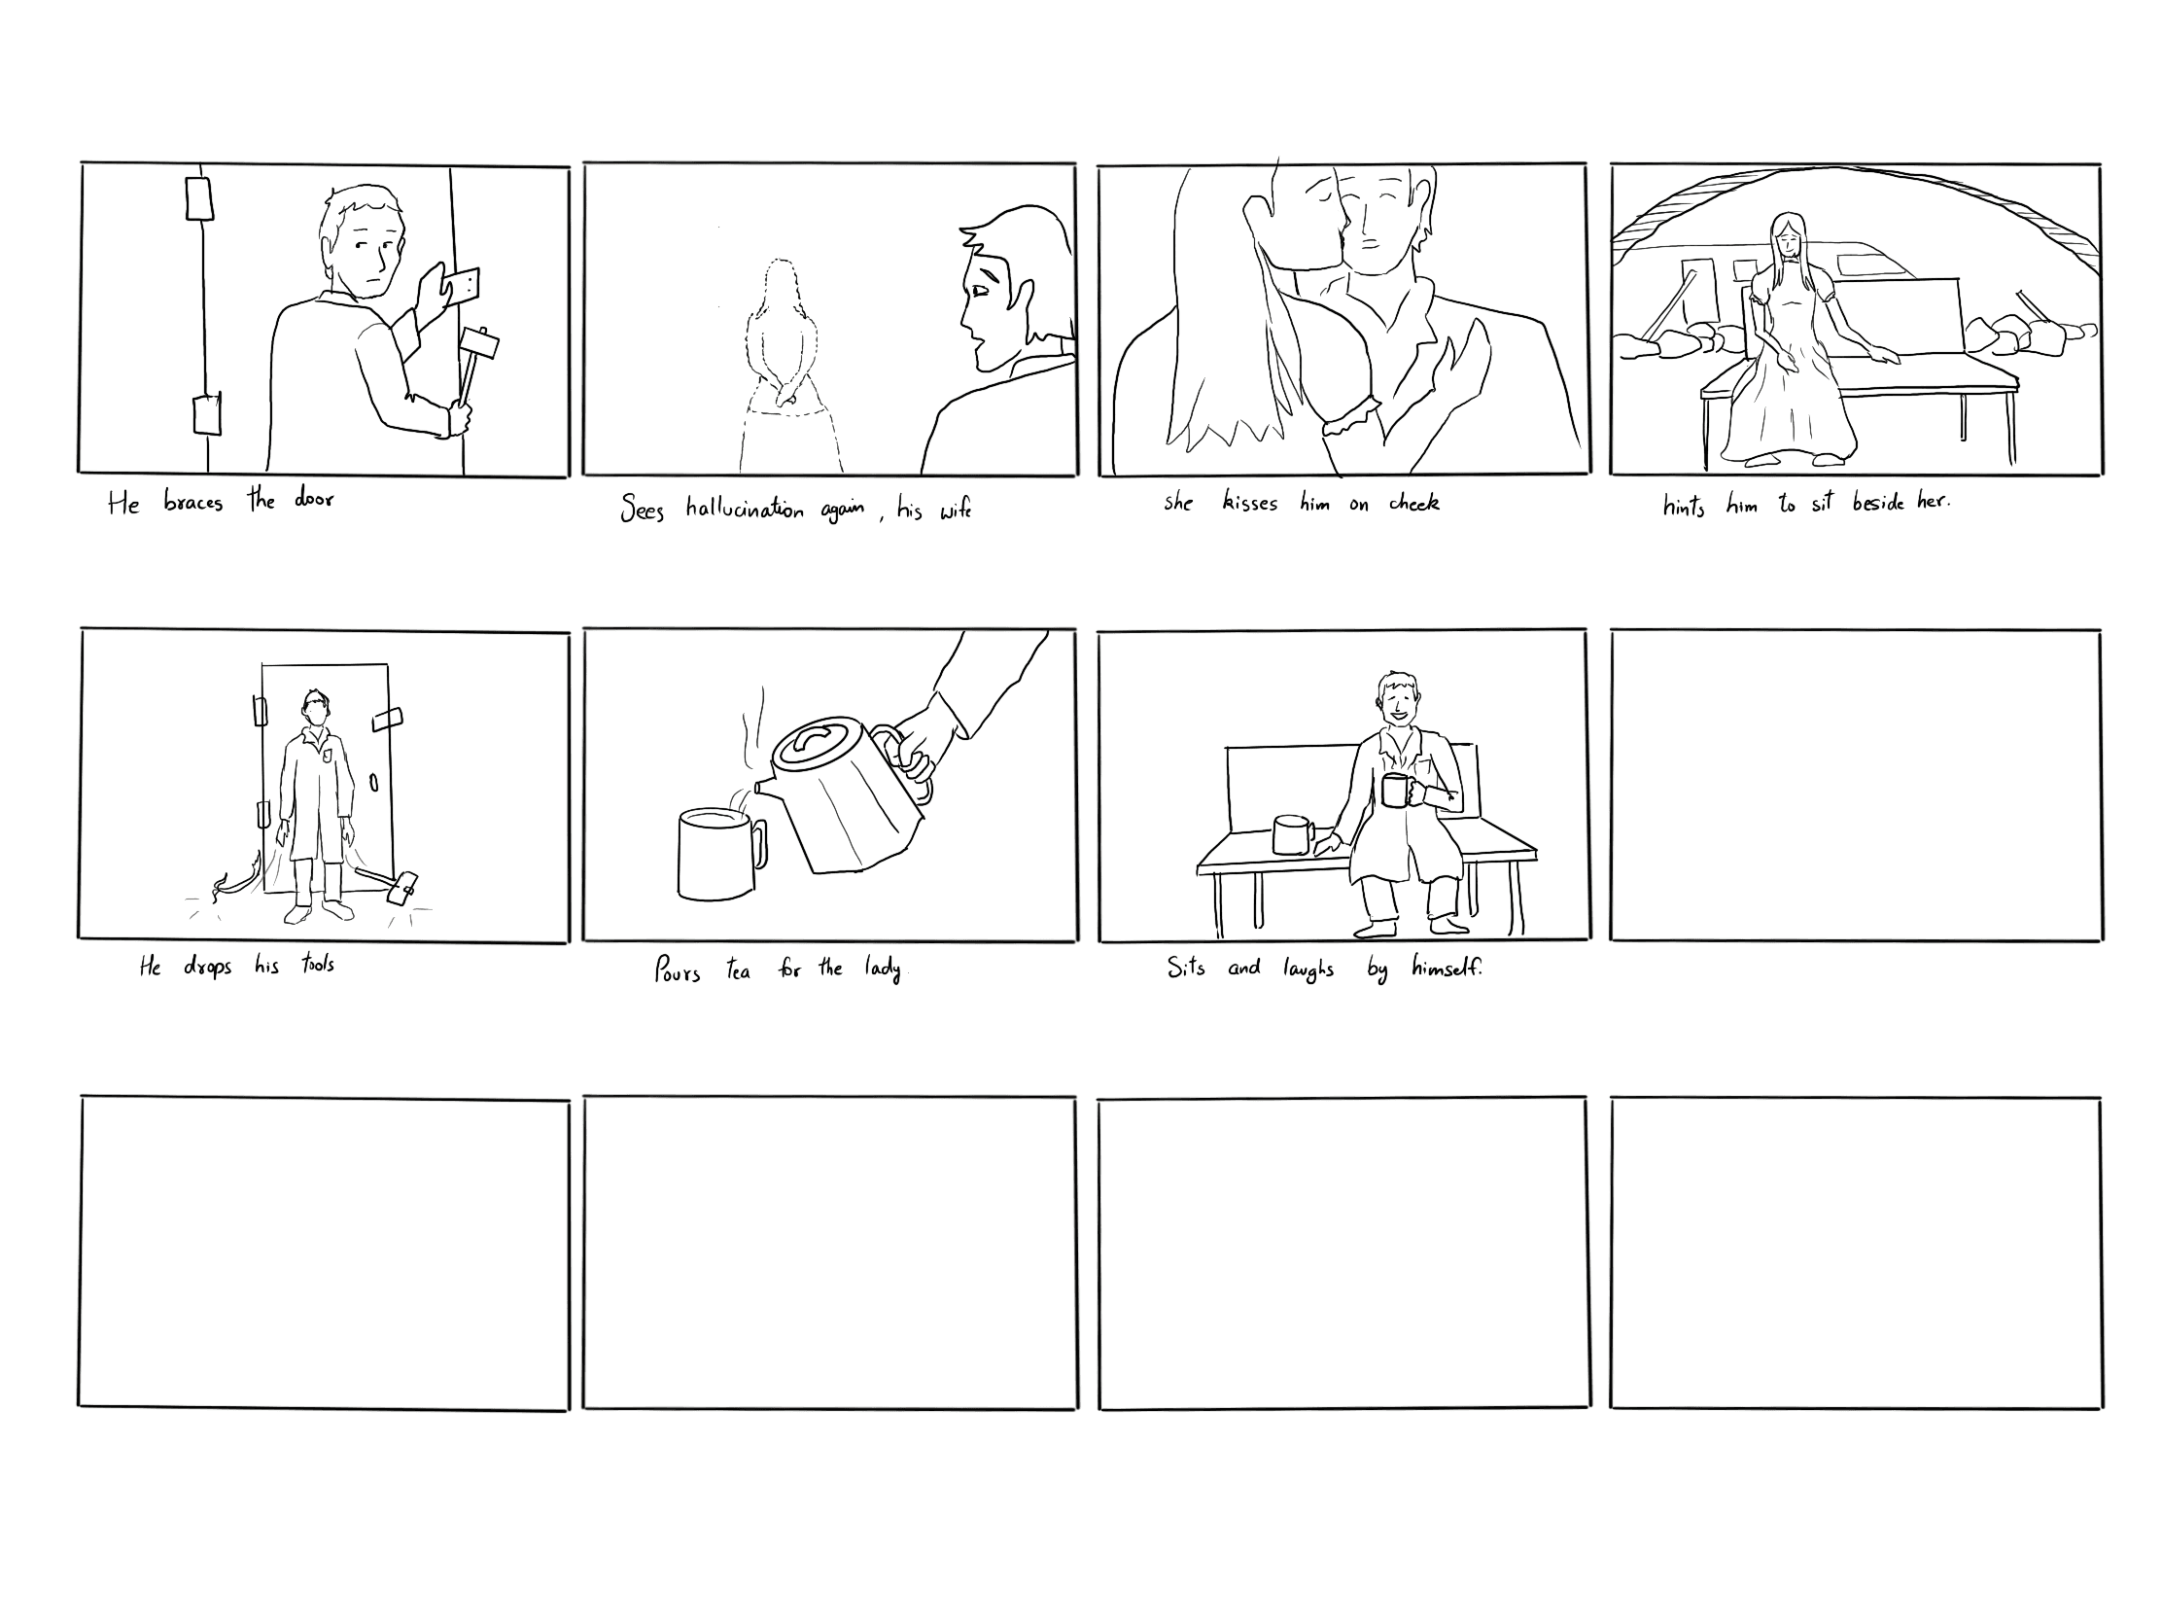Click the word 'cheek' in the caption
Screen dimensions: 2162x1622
point(1414,503)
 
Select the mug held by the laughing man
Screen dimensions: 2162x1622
point(1398,789)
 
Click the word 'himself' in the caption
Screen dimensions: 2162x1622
point(1447,968)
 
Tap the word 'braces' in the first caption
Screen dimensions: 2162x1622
point(193,503)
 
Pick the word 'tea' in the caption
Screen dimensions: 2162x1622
point(738,970)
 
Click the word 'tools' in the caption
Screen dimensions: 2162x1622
point(318,965)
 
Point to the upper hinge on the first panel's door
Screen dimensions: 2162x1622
point(199,198)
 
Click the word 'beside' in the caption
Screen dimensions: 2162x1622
point(1877,504)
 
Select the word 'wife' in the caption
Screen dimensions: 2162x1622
point(955,510)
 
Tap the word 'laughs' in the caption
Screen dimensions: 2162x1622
point(1308,970)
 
